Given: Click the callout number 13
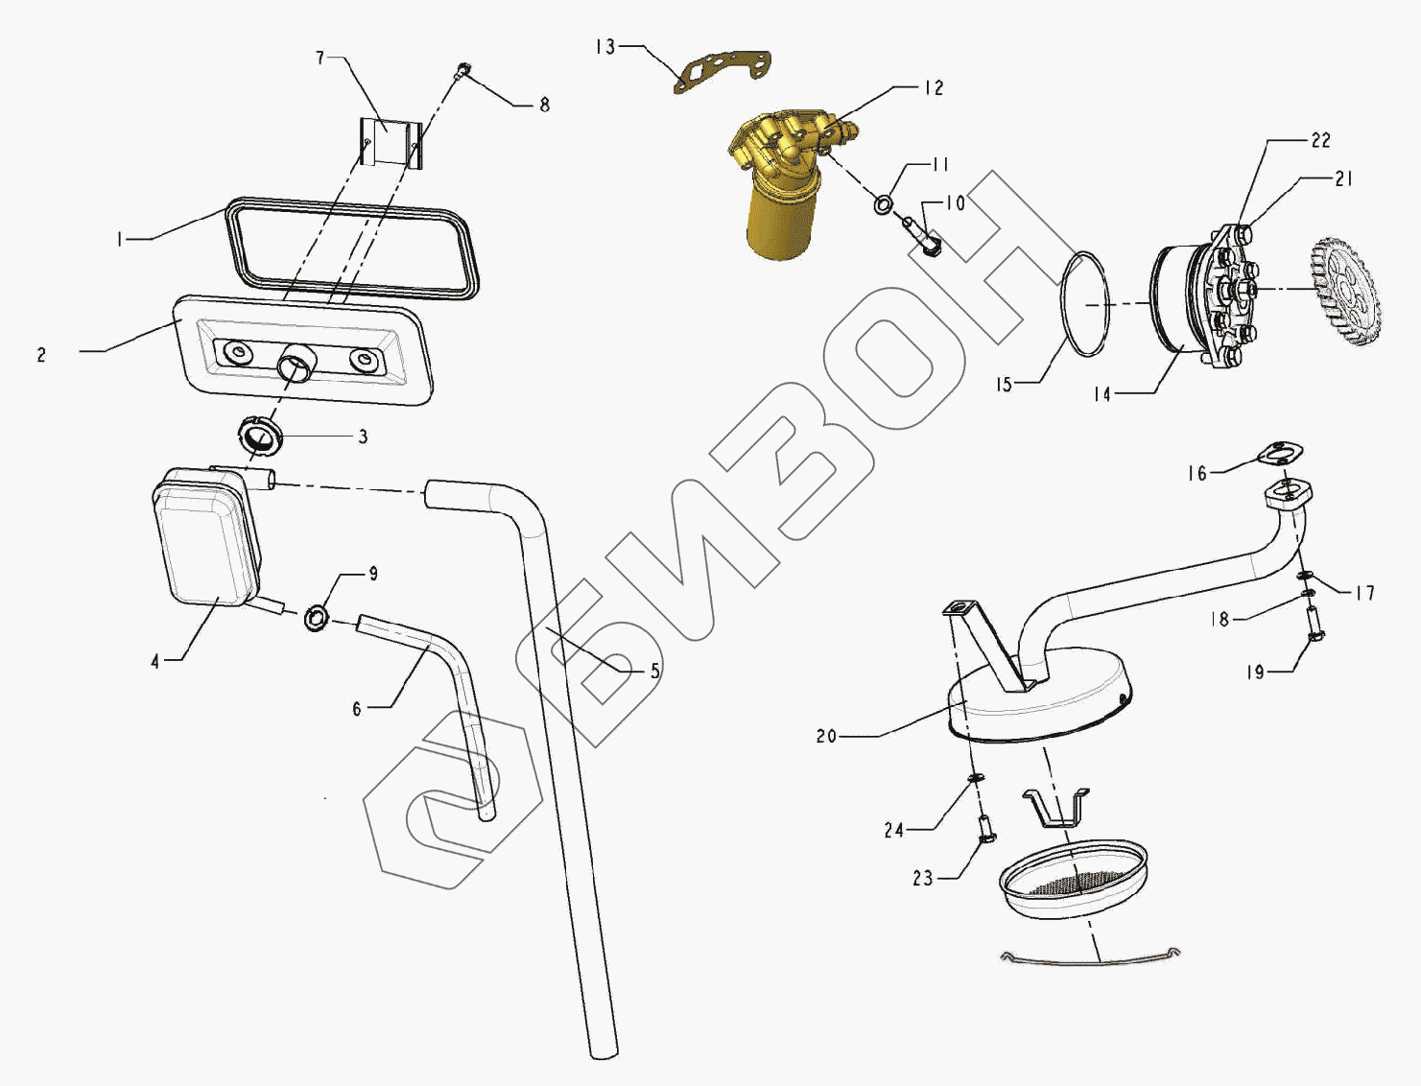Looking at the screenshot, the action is (x=605, y=47).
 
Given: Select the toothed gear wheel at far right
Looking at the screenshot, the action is (x=1343, y=289).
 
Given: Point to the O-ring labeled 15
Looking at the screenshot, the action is (x=1085, y=304).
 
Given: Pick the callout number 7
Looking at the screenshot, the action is (x=320, y=59).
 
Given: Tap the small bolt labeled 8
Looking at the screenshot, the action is (x=463, y=69).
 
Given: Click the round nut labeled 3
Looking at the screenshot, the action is (x=259, y=437).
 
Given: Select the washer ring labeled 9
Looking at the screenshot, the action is (x=317, y=617).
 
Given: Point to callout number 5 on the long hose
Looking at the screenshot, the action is (x=655, y=671).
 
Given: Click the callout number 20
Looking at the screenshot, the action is (x=826, y=736).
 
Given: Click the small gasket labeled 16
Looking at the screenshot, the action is (x=1280, y=453).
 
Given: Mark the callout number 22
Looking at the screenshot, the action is (x=1320, y=140).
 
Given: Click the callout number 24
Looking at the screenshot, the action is (x=894, y=830).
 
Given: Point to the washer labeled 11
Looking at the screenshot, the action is (x=883, y=204).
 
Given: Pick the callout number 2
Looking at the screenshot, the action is (x=41, y=355).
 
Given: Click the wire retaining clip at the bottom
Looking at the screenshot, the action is (x=1090, y=958).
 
